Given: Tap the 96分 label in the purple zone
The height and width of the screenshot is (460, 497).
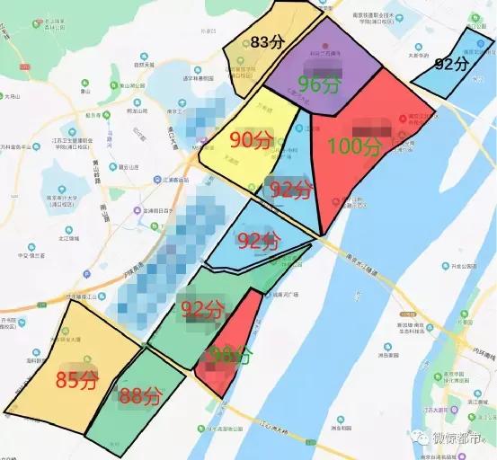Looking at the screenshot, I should [x=318, y=84].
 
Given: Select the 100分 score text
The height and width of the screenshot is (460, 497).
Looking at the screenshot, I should [x=356, y=146].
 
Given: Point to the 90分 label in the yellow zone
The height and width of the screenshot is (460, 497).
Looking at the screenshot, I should [x=251, y=140].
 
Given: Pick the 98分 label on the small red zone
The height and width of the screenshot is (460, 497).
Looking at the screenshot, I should [x=227, y=356].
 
